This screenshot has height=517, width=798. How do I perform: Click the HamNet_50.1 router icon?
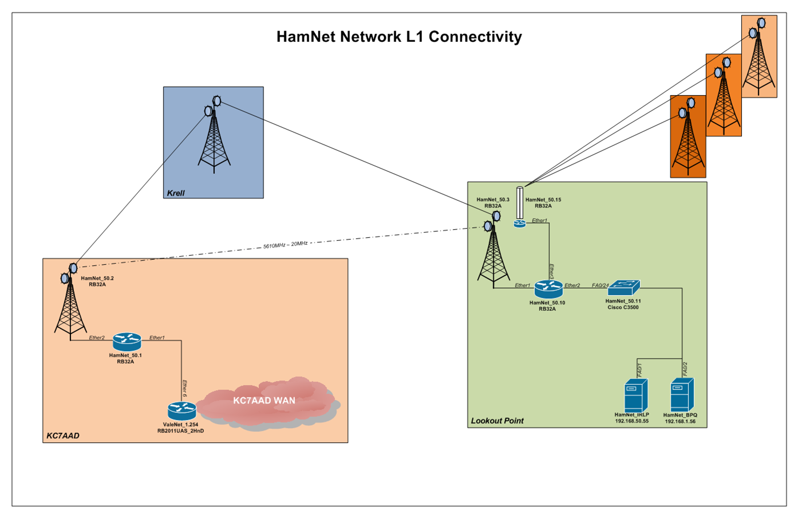[x=127, y=342]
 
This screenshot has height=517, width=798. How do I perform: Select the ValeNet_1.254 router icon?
[x=182, y=410]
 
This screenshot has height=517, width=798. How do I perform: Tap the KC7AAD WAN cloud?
[x=264, y=401]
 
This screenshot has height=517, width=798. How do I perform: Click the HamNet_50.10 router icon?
[x=548, y=289]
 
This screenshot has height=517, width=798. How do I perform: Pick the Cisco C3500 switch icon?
[x=623, y=288]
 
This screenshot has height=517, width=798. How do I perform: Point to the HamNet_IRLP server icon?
[x=636, y=395]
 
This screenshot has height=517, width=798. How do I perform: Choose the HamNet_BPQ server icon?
[x=682, y=394]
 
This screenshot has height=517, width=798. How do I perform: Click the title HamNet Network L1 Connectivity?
[x=399, y=37]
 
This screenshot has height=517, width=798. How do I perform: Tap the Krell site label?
[x=176, y=193]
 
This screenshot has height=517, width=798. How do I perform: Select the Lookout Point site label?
[x=497, y=421]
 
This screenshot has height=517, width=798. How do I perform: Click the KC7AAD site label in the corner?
[x=63, y=436]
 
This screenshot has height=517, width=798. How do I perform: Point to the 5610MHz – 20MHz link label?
[x=285, y=245]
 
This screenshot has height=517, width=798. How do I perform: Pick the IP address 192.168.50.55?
[x=632, y=421]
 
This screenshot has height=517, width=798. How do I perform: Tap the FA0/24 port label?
[x=600, y=285]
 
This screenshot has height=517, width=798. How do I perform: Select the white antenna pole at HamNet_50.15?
[x=520, y=203]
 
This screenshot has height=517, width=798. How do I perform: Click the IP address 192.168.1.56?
[x=680, y=421]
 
